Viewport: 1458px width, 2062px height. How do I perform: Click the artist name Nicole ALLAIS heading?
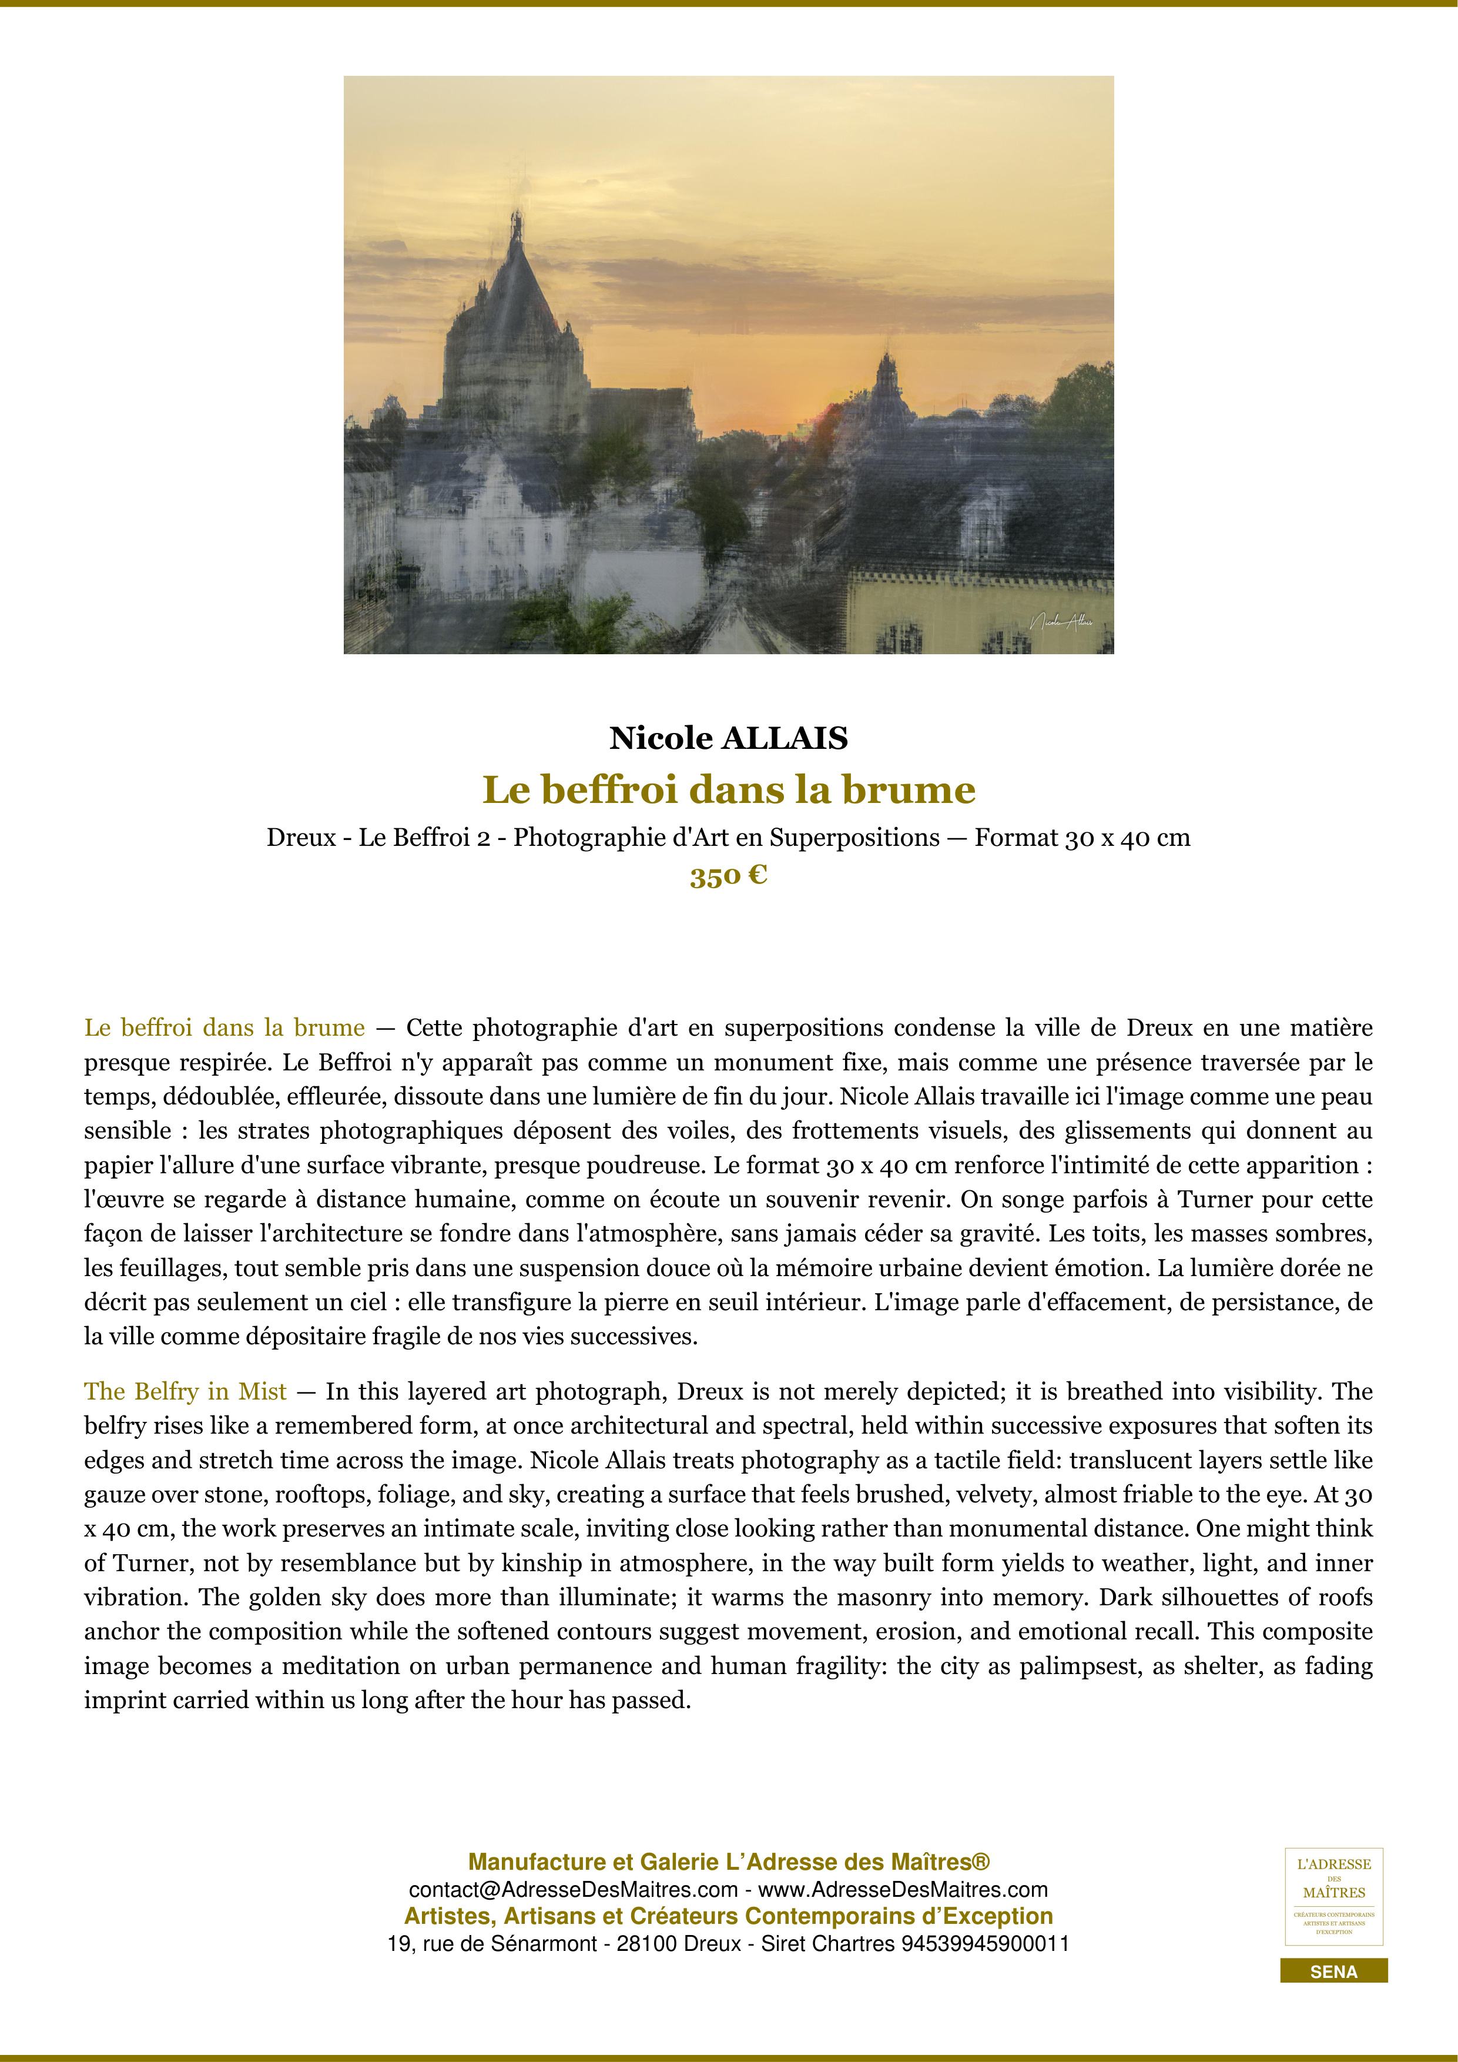click(728, 738)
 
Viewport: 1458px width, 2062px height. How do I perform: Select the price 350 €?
click(728, 876)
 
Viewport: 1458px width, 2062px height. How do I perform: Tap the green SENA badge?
click(1333, 1972)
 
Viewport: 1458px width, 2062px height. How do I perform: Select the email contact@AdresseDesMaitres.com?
click(573, 1890)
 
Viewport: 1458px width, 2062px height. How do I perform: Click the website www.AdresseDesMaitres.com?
click(903, 1890)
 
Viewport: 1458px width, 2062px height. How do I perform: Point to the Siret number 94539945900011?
click(985, 1943)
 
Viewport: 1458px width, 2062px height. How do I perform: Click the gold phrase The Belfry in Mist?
click(185, 1391)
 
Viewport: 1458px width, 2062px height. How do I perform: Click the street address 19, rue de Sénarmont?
click(492, 1943)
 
